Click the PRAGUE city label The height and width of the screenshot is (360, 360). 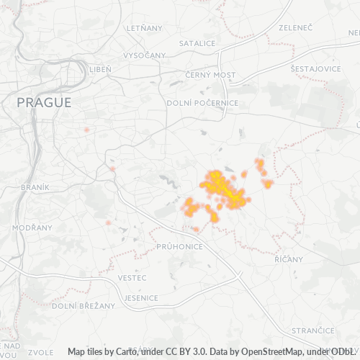[x=44, y=102]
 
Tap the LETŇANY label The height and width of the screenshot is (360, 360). [x=145, y=27]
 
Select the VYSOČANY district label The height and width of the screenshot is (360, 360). [x=145, y=55]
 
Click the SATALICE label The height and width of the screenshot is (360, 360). [x=197, y=43]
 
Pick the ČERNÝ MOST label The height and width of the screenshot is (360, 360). [x=210, y=75]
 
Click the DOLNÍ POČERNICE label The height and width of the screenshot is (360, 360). [x=202, y=103]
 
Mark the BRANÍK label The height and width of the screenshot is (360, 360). [x=35, y=186]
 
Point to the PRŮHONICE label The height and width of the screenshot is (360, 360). [x=179, y=246]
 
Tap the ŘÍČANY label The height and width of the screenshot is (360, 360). [x=289, y=258]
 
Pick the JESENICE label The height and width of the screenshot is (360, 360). [x=141, y=297]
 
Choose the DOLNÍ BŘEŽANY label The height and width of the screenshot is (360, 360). [x=84, y=305]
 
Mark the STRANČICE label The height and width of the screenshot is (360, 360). [x=311, y=329]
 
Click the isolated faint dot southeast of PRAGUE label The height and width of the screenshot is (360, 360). [x=86, y=130]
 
